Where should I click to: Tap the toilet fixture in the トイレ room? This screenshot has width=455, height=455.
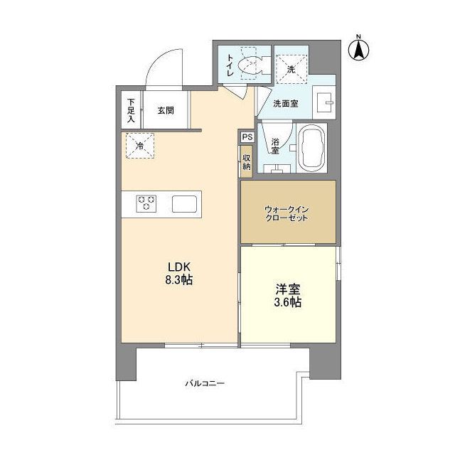(252, 66)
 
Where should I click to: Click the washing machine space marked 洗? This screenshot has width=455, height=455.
(291, 69)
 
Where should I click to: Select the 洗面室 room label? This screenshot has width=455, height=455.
(286, 103)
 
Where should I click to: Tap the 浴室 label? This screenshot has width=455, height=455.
(274, 145)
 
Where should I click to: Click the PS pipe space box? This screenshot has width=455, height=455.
(247, 137)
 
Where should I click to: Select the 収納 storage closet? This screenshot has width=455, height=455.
(247, 161)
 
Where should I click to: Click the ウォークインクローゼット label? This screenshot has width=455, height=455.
(287, 214)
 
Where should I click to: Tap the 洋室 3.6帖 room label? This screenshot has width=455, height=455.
(288, 296)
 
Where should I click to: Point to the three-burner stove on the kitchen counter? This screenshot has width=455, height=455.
(147, 203)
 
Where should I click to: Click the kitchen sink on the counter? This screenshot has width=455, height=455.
(187, 203)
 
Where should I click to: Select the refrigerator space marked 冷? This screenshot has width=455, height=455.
(139, 146)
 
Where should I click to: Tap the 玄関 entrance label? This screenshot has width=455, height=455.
(165, 110)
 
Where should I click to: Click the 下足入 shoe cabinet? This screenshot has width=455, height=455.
(131, 110)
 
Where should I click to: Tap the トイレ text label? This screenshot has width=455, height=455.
(230, 65)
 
